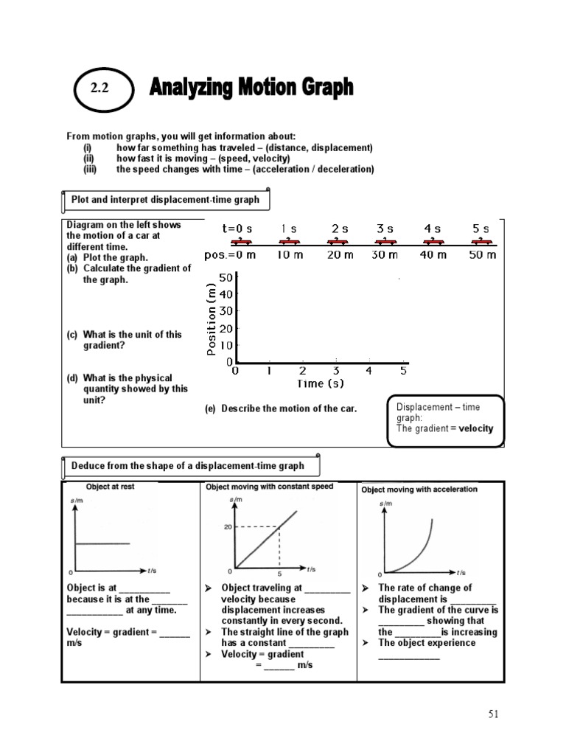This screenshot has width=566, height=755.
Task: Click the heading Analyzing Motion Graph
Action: [251, 88]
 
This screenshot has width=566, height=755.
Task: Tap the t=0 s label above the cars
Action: [237, 229]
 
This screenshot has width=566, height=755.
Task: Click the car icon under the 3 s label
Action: [384, 242]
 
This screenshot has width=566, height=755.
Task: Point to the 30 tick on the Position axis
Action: [225, 311]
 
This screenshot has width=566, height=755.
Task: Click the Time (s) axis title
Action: [320, 383]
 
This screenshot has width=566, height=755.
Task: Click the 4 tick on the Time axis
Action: [369, 371]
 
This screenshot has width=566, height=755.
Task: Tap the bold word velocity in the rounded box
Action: [475, 428]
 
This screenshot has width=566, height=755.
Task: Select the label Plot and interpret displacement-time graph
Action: [165, 200]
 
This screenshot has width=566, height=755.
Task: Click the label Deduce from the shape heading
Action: [187, 465]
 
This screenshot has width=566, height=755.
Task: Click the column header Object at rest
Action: [111, 487]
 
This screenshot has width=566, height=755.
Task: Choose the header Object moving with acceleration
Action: [419, 489]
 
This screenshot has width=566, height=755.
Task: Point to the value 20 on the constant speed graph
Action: [228, 526]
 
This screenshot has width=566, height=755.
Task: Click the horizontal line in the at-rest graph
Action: [102, 544]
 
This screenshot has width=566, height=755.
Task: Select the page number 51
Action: [494, 714]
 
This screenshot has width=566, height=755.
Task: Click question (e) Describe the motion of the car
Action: [281, 408]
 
